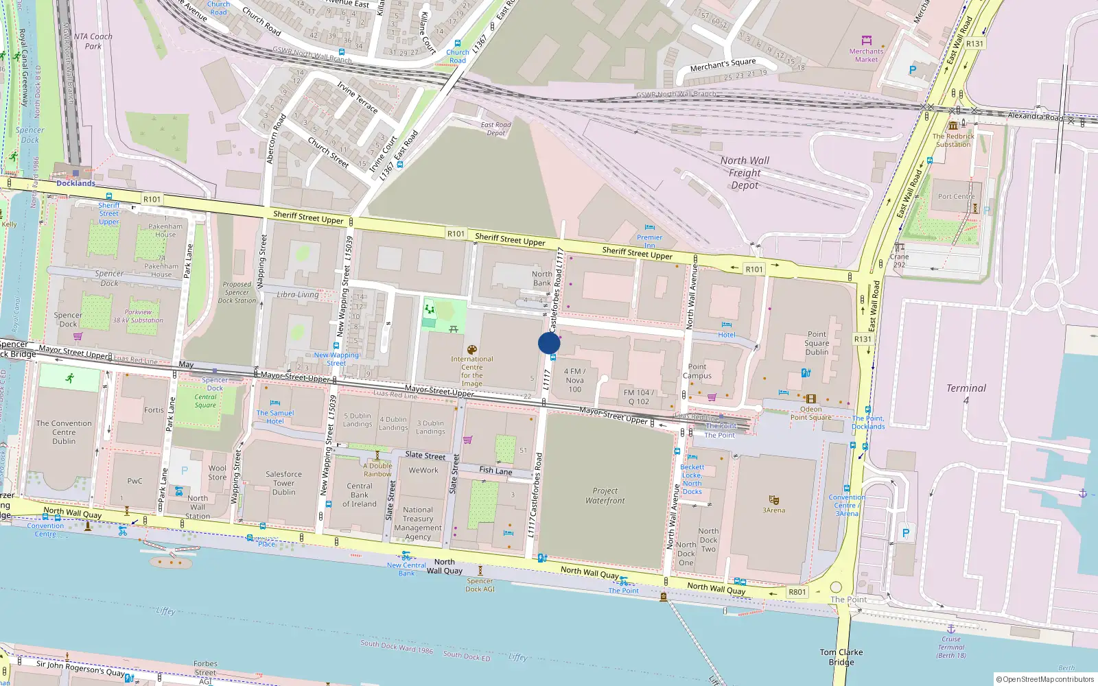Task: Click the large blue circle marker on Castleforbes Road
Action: pos(549,343)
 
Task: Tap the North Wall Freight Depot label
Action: pos(745,172)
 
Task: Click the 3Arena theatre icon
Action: pos(774,500)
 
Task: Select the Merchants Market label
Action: pos(866,55)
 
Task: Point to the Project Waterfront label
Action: pos(605,495)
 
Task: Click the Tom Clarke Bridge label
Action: pos(841,657)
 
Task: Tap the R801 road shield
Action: pos(797,592)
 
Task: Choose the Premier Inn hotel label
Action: pos(649,241)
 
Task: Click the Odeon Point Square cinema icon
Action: pos(810,399)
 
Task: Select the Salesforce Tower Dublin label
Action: pos(283,483)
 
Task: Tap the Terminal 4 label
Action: pos(966,393)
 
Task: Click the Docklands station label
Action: pos(75,183)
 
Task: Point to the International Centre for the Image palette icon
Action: pos(471,350)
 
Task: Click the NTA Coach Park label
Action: pos(93,41)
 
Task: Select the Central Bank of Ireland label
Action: pos(359,495)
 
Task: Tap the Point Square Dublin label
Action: pos(817,343)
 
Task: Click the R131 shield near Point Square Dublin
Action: pos(863,339)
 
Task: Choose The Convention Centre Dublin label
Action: pos(64,432)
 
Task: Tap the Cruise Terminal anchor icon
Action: pos(950,628)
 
